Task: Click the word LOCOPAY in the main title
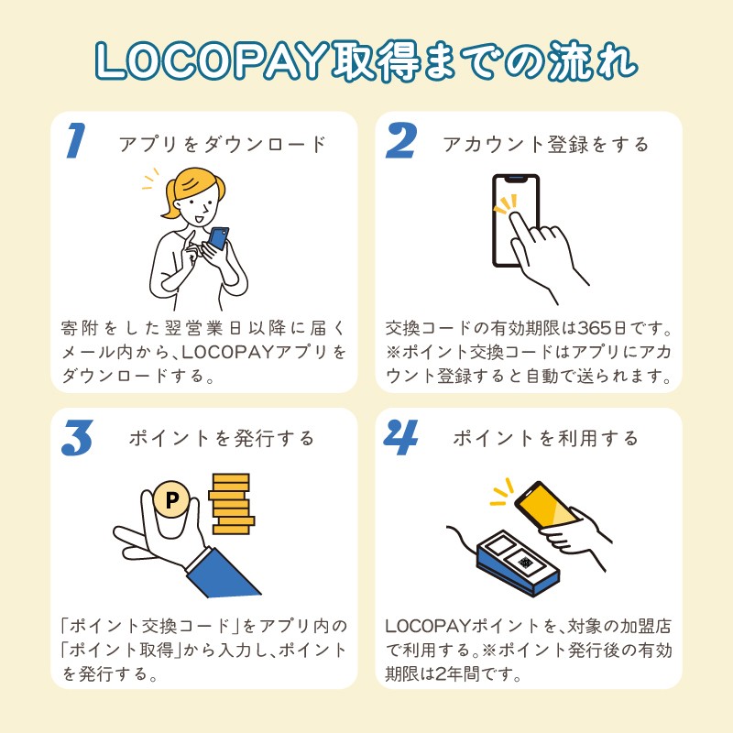coord(212,60)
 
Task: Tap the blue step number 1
coord(76,140)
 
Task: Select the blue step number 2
coord(400,140)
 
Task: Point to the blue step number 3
coord(77,438)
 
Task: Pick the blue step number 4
coord(400,437)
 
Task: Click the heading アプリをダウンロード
coord(223,144)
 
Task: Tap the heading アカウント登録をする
coord(546,144)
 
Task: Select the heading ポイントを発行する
coord(222,439)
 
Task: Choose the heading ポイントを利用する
coord(545,439)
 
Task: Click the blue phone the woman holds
coord(218,238)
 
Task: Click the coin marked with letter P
coord(171,499)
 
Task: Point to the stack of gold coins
coord(232,504)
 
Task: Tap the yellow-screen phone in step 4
coord(546,505)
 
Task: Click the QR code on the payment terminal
coord(525,563)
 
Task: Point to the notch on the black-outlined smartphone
coord(516,179)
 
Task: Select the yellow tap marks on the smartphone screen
coord(507,203)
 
